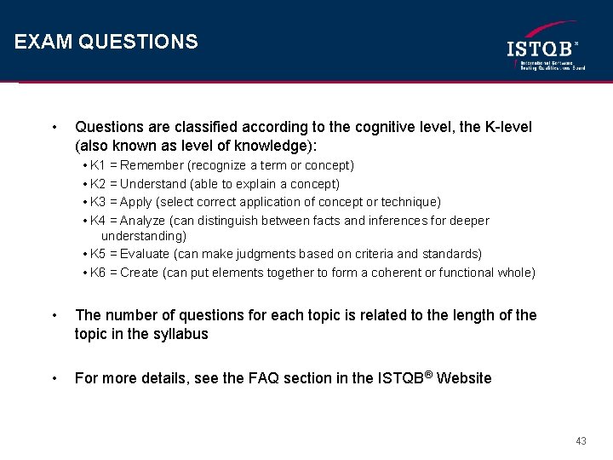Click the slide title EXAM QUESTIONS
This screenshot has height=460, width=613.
106,42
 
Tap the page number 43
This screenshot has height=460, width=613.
581,441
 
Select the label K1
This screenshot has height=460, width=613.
98,165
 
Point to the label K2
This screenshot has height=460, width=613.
98,184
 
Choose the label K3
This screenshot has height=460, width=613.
98,202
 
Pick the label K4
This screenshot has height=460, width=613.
98,221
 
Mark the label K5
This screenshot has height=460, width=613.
98,254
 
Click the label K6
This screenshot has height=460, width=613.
98,273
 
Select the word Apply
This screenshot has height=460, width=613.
136,202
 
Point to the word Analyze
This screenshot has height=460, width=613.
143,221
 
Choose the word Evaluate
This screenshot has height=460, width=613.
145,254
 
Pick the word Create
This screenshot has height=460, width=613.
140,273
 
